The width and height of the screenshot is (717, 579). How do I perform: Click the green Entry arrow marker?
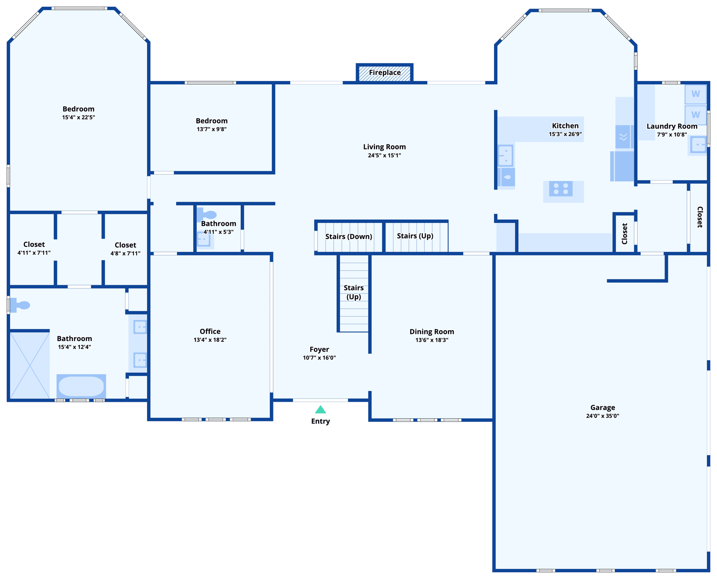click(x=320, y=410)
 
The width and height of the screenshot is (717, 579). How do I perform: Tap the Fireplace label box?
click(x=385, y=73)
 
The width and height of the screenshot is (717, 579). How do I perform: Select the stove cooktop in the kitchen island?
click(x=561, y=189)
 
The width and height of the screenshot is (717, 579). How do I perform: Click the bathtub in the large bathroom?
click(x=81, y=386)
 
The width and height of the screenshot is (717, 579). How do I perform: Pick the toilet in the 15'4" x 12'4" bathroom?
click(x=20, y=305)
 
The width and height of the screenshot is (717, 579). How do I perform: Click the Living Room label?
click(x=384, y=147)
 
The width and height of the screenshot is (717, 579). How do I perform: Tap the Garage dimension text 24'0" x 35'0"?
click(x=602, y=416)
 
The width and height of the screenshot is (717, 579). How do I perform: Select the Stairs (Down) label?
click(x=349, y=236)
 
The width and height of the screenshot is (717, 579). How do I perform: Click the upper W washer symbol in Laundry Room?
click(x=696, y=94)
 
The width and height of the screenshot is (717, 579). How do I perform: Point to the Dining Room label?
click(x=431, y=332)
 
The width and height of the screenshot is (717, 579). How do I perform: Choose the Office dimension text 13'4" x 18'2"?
click(x=210, y=340)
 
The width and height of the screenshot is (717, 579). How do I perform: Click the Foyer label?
click(x=319, y=349)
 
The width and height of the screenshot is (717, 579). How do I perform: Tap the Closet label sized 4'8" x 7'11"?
click(x=125, y=245)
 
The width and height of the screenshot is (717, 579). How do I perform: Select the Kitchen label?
click(x=565, y=126)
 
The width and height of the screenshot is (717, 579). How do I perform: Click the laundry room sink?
click(x=698, y=145)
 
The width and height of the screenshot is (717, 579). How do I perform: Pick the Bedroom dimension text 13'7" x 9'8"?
click(x=212, y=129)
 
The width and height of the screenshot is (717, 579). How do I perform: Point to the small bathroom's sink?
click(x=204, y=239)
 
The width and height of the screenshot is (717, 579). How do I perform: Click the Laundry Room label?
click(x=672, y=126)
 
